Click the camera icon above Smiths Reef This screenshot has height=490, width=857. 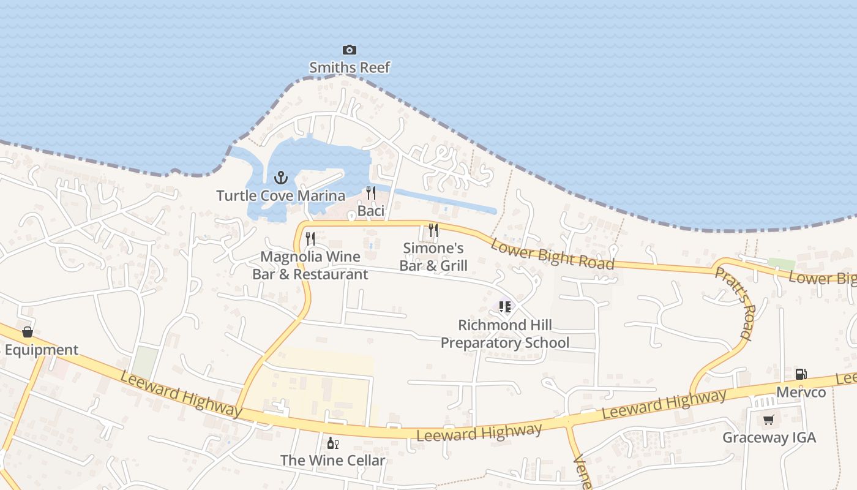(349, 50)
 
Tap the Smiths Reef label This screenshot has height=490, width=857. (349, 67)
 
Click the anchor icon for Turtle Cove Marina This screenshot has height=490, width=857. (280, 178)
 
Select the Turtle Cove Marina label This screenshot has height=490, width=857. (280, 196)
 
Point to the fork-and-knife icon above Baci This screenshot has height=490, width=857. (370, 193)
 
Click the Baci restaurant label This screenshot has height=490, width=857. (371, 211)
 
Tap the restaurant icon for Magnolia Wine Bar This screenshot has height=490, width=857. (310, 238)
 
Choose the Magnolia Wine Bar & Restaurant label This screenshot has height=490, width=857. (310, 265)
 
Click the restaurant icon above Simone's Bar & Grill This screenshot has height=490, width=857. (433, 230)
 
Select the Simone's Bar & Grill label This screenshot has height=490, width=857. (433, 257)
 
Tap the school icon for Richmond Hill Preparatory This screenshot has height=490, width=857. (504, 306)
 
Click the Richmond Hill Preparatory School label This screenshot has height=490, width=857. (505, 334)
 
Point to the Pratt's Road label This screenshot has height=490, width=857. (733, 303)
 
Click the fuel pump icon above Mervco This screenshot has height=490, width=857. (801, 374)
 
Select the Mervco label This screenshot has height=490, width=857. (801, 392)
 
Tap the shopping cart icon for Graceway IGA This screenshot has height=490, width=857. (769, 420)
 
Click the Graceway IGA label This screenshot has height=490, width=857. (769, 438)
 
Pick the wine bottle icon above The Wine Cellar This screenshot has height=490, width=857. (332, 443)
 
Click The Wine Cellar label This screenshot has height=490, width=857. (332, 460)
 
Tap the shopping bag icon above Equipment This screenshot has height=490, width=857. (28, 332)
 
